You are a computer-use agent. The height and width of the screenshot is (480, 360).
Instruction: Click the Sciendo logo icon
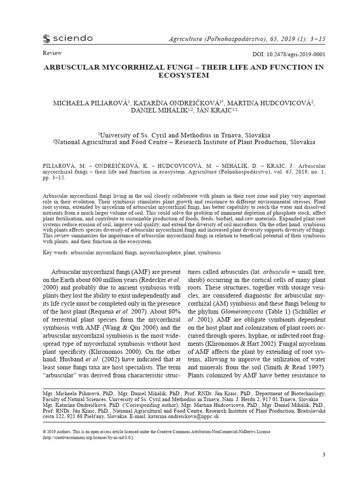tap(46, 38)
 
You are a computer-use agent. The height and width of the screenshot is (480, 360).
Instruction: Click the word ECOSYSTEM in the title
tap(183, 75)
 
